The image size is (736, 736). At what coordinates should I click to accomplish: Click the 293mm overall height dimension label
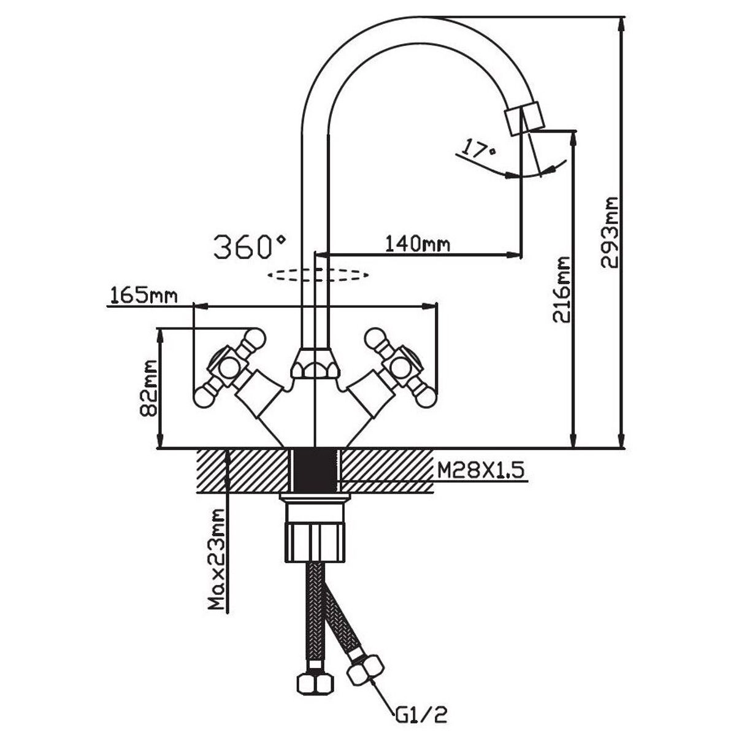point(610,232)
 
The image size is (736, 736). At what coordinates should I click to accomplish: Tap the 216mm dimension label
point(561,289)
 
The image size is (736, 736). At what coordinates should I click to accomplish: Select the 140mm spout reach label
point(417,244)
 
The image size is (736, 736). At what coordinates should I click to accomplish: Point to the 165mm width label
point(143,296)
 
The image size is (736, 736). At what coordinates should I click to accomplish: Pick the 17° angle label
point(479,149)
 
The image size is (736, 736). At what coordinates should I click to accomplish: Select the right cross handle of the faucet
point(402,367)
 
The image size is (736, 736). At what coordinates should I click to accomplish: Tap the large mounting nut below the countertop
point(315,540)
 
